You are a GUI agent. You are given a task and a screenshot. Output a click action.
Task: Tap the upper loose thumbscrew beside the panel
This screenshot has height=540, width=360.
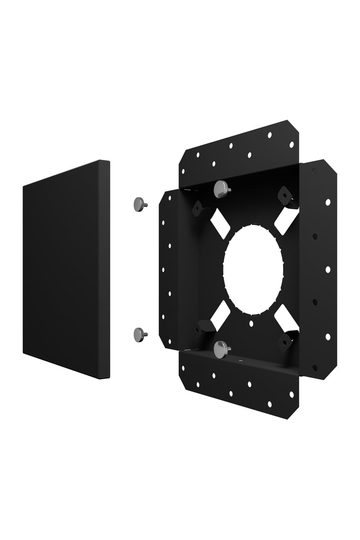(x=140, y=204)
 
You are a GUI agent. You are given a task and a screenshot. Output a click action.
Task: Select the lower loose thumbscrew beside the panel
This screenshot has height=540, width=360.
(x=140, y=334)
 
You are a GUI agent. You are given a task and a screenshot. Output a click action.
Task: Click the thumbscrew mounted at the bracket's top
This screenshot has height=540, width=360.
(x=221, y=189)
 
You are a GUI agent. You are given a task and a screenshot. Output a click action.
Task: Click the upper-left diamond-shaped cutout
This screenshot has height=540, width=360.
(x=220, y=224)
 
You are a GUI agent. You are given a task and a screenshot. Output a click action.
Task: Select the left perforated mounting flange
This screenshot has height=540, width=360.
(x=170, y=270)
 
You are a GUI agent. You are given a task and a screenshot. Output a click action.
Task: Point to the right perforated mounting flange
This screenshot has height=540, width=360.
(x=322, y=270)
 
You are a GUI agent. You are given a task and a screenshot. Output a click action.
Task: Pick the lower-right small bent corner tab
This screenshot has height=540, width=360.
(x=285, y=342)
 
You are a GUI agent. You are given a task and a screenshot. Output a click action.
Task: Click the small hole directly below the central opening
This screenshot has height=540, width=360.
(x=252, y=323)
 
